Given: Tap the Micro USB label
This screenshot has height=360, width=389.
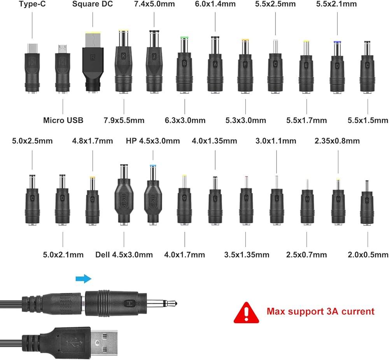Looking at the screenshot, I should coord(63,120).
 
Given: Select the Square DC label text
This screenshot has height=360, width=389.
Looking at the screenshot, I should coord(93,4).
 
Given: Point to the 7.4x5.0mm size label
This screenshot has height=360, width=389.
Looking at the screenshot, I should coord(154,4).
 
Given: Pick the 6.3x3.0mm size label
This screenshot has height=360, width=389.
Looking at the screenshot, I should coord(185,120).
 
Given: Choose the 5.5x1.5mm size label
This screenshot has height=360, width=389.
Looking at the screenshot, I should coord(368,120).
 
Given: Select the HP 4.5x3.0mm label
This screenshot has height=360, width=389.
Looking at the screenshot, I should coord(153,140).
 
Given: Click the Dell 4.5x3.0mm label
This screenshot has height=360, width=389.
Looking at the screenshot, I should coord(124,255).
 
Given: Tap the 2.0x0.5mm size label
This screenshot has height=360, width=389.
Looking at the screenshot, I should coord(368,255).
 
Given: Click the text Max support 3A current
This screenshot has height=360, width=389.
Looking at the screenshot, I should coord(321,311).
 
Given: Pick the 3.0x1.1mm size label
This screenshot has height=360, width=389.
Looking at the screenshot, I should coord(276,140).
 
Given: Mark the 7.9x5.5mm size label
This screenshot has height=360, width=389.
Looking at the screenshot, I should coord(124,120).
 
